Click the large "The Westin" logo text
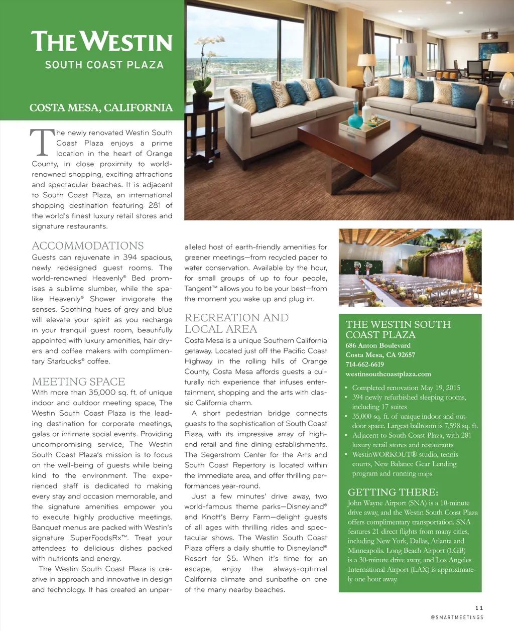[x=101, y=42]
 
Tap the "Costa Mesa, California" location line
[x=101, y=108]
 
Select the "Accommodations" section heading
[x=88, y=245]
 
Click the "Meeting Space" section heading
[x=78, y=382]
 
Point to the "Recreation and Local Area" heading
[x=236, y=323]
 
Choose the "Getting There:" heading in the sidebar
[x=393, y=492]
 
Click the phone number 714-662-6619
[x=364, y=364]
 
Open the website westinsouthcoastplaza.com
[x=388, y=374]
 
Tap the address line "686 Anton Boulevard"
[x=378, y=345]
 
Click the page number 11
[x=479, y=608]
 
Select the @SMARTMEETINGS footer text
[x=457, y=617]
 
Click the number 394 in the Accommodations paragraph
[x=130, y=258]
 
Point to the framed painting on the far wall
[x=493, y=51]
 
